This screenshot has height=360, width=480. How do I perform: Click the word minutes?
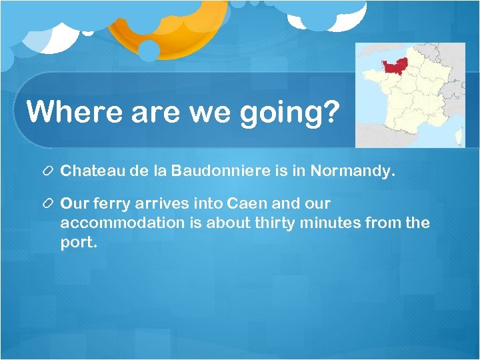(338, 223)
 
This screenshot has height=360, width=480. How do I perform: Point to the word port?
(78, 242)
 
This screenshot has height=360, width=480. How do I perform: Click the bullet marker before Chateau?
(49, 171)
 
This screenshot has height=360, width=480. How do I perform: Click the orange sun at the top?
(160, 27)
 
